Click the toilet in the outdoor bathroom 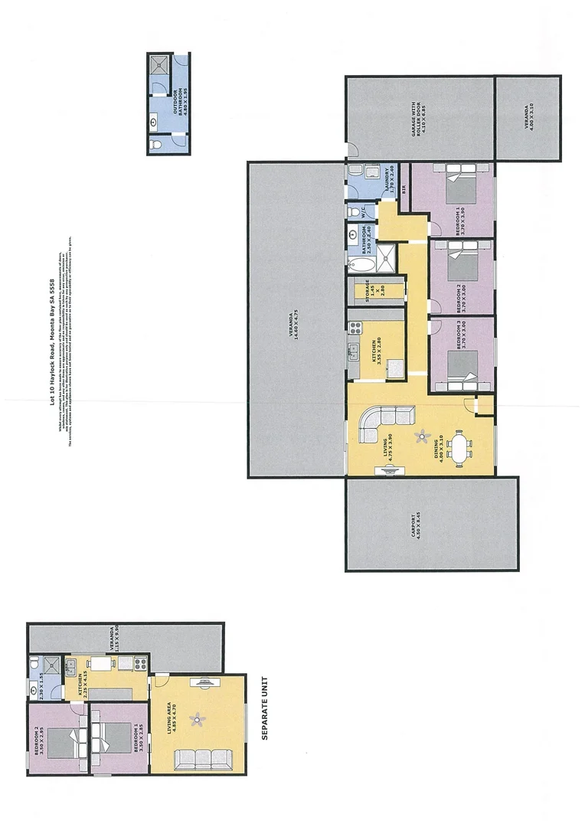pyautogui.click(x=156, y=144)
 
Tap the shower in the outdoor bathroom pyautogui.click(x=159, y=65)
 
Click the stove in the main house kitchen pyautogui.click(x=355, y=328)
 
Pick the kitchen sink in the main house pyautogui.click(x=355, y=352)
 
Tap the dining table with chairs pyautogui.click(x=461, y=448)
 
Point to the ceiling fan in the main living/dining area pyautogui.click(x=421, y=436)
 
